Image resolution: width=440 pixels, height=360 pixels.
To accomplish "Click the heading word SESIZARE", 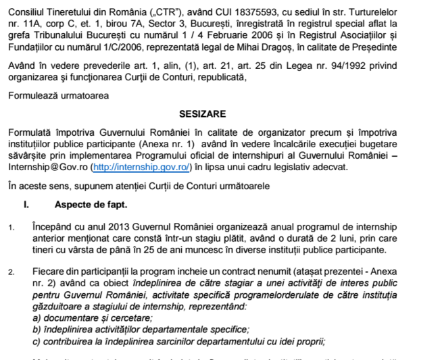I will pyautogui.click(x=202, y=114).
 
